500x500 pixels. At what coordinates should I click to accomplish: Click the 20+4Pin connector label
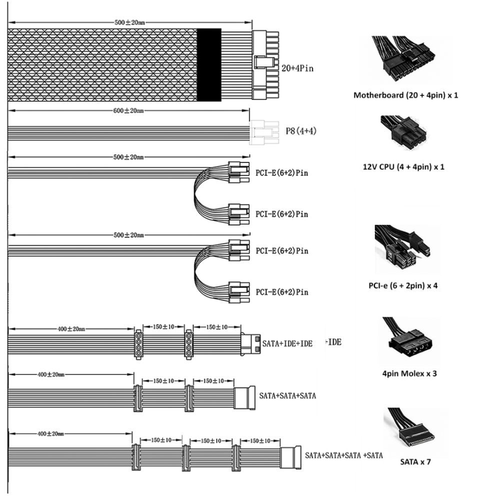pos(297,68)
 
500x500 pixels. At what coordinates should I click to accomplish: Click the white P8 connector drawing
pos(264,132)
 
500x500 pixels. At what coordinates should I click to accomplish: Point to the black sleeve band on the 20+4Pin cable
pos(209,64)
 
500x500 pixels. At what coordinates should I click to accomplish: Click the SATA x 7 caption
pos(415,461)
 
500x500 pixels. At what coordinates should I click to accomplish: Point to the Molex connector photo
pos(407,341)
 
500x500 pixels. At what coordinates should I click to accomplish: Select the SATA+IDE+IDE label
pos(287,344)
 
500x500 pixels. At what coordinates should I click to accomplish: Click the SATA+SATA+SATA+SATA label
pos(343,455)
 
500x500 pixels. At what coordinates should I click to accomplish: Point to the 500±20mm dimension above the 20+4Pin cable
pos(129,22)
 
